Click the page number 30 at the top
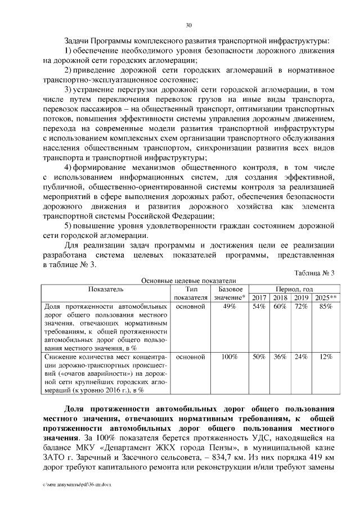tap(188, 25)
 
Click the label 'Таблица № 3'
tap(314, 273)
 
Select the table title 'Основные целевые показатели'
tap(188, 281)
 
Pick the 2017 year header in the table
tap(259, 298)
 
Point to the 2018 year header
tap(280, 298)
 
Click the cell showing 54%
tap(259, 307)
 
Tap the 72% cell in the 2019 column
tap(301, 307)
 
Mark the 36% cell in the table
tap(280, 357)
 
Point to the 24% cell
tap(301, 357)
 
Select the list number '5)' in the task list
tap(67, 226)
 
